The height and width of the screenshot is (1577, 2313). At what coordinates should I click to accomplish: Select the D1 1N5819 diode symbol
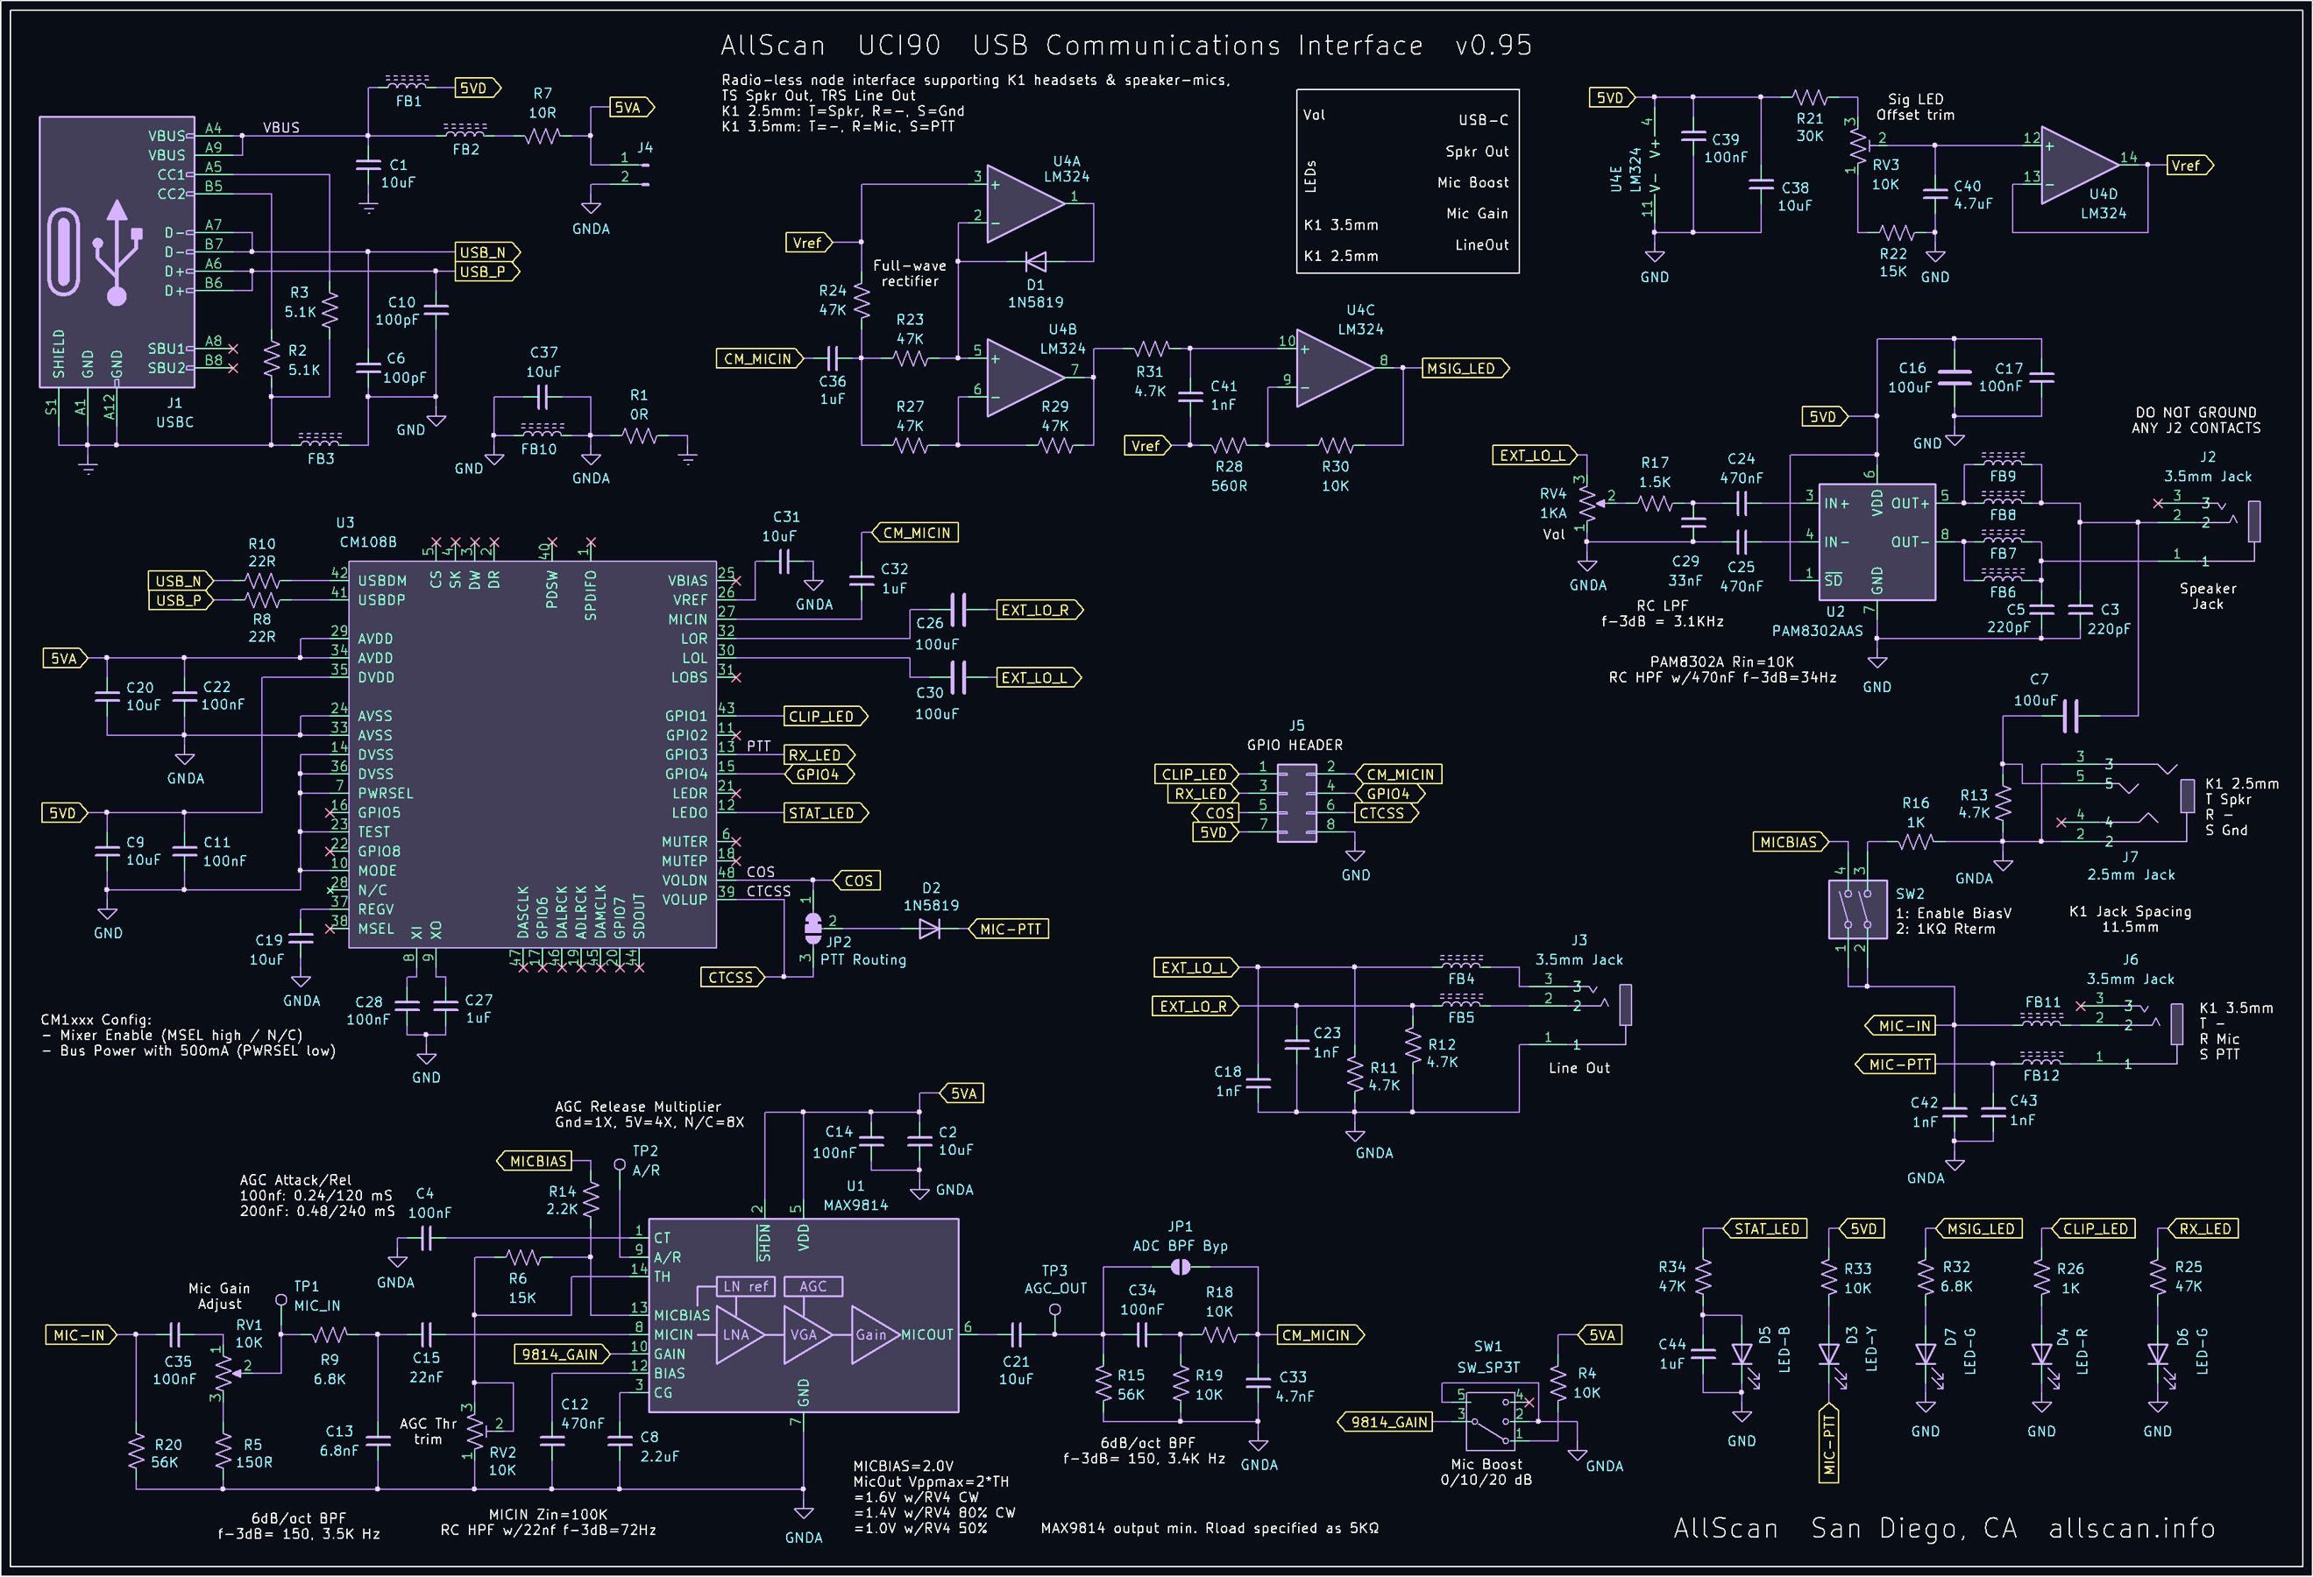point(1035,262)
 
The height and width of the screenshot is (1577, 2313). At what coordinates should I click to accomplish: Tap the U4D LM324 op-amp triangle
point(2078,166)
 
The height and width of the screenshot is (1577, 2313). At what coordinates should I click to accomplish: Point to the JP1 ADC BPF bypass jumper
point(1181,1267)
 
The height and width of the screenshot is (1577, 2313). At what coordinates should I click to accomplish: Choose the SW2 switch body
point(1857,909)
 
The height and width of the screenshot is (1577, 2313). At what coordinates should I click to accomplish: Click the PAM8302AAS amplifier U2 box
point(1876,542)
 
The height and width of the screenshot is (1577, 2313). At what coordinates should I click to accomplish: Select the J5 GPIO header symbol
point(1295,803)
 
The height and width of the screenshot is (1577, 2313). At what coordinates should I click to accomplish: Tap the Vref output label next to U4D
point(2189,166)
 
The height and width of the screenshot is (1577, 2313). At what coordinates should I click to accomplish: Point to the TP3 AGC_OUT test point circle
point(1055,1311)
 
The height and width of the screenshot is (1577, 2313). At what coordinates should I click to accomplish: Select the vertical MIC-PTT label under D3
point(1828,1444)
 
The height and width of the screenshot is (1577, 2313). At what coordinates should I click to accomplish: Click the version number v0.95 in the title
point(1493,46)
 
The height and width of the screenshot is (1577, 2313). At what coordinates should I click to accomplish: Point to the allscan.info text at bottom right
point(2132,1528)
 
